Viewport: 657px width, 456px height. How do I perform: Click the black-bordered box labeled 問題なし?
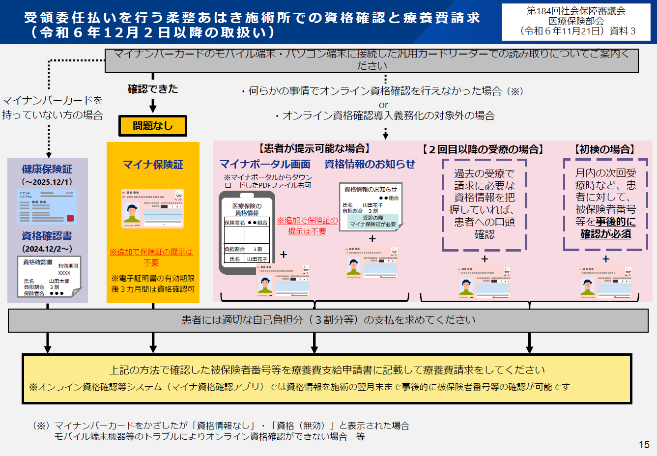click(x=153, y=126)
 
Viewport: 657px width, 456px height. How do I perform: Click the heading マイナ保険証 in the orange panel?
click(x=153, y=165)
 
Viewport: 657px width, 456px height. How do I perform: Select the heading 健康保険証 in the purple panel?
click(x=47, y=169)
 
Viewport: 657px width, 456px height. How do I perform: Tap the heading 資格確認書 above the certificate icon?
click(x=47, y=236)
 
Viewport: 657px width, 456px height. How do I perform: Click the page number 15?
click(x=644, y=444)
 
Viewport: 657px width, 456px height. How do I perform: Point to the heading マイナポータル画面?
click(x=265, y=164)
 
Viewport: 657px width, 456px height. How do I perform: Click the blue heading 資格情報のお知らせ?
click(x=370, y=164)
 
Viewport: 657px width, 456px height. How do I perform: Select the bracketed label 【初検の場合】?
click(x=605, y=149)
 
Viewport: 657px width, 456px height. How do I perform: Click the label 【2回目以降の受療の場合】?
click(x=483, y=149)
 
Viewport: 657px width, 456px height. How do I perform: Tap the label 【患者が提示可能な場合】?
click(x=314, y=148)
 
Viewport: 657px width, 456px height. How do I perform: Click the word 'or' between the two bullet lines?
click(x=383, y=105)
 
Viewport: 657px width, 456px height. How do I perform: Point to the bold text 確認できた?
click(x=153, y=89)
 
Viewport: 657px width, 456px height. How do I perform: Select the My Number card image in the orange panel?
click(x=153, y=208)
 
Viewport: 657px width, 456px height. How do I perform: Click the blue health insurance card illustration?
click(x=47, y=206)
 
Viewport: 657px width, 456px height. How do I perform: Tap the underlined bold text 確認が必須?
click(x=605, y=234)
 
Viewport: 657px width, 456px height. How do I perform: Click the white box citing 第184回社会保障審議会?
click(x=576, y=21)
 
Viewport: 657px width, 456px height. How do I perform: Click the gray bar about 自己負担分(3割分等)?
click(x=328, y=320)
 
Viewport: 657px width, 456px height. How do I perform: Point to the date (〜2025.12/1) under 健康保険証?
click(x=47, y=182)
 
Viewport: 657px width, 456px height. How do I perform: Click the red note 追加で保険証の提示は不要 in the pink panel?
click(x=307, y=226)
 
